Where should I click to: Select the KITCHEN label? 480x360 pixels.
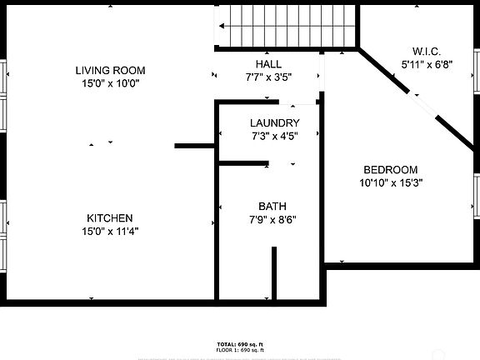[110, 218]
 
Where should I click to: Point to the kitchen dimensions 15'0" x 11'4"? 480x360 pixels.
[110, 232]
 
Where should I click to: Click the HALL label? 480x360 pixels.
[268, 64]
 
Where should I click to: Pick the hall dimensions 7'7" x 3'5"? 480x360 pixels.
[268, 77]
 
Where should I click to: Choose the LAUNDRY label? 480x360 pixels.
[275, 122]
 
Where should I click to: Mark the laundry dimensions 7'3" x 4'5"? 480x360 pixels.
[275, 136]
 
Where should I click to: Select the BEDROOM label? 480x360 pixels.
[390, 170]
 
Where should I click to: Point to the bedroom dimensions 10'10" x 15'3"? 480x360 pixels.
[390, 183]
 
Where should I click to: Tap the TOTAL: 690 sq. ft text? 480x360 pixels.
[240, 343]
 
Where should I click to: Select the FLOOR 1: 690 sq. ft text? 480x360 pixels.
[240, 350]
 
